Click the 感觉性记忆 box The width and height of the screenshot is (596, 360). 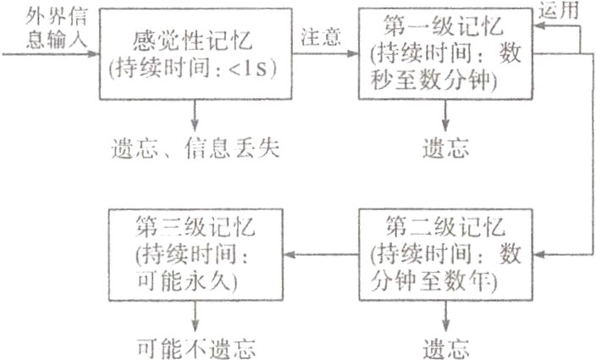coord(195,53)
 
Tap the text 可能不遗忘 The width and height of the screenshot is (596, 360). coord(196,346)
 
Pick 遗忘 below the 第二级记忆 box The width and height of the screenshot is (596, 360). coord(445,346)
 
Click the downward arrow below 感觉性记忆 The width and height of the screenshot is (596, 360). coord(196,112)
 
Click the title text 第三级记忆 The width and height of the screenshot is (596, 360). coord(196,228)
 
